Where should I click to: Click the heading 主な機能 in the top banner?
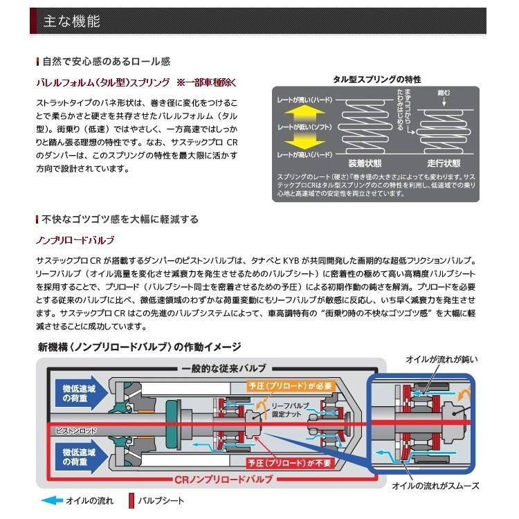71,21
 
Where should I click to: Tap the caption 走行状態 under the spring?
444,163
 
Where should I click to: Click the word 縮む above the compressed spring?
443,92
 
